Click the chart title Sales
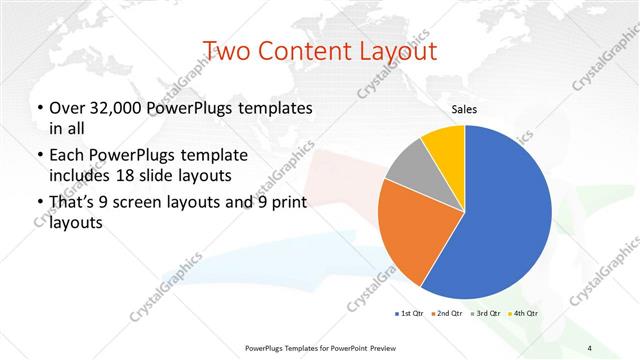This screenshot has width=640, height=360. [463, 108]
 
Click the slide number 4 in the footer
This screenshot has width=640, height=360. [590, 348]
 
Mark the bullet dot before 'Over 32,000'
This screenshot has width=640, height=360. [38, 108]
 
